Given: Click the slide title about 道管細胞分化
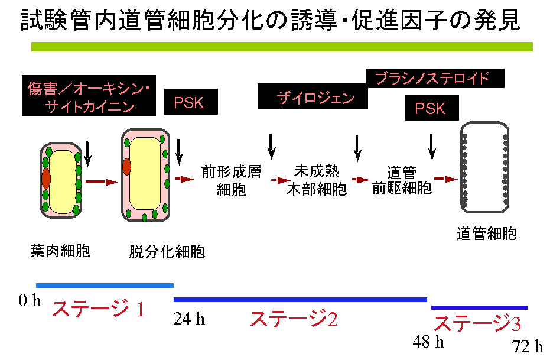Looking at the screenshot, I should (x=270, y=20).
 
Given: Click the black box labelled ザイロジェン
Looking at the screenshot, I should (x=313, y=96).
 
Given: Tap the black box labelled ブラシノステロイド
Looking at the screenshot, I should (x=436, y=77).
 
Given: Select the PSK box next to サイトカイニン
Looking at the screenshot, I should (x=190, y=102).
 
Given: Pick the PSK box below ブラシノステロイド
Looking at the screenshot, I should (x=430, y=109).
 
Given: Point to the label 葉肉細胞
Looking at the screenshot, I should (x=60, y=251).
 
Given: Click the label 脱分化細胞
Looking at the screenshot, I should (x=167, y=252).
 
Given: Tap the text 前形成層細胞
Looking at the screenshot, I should (x=231, y=181).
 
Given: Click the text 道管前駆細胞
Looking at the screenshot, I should (x=402, y=180).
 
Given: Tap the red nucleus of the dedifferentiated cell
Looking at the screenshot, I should (x=126, y=167).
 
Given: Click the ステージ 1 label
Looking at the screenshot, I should (x=99, y=309).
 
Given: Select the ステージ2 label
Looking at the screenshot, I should (x=294, y=319).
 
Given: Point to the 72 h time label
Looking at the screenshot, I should (x=528, y=347).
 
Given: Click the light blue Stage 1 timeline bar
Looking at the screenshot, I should (x=105, y=285).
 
